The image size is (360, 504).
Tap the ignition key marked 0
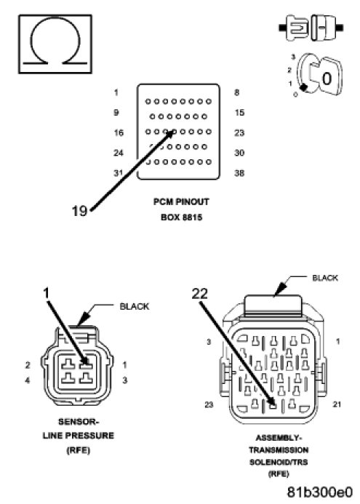[324, 77]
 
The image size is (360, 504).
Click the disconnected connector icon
[311, 28]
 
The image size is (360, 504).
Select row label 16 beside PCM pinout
[119, 133]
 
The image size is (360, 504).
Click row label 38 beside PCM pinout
[239, 173]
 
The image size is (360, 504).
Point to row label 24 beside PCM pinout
[119, 153]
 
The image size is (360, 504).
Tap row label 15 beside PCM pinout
[239, 113]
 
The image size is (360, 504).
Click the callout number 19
[79, 211]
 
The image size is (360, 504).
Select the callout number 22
[199, 294]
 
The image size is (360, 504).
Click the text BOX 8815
[182, 217]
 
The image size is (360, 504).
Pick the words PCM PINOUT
[181, 202]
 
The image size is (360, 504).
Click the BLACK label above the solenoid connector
[325, 278]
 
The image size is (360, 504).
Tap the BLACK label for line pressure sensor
[135, 307]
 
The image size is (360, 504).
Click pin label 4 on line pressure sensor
[28, 380]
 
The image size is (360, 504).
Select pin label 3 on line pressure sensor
[124, 380]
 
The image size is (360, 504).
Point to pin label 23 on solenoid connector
[209, 404]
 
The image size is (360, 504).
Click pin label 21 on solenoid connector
[337, 404]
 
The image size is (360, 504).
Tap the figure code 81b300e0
[319, 492]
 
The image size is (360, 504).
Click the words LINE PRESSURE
[79, 436]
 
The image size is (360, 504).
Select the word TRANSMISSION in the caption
[279, 450]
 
